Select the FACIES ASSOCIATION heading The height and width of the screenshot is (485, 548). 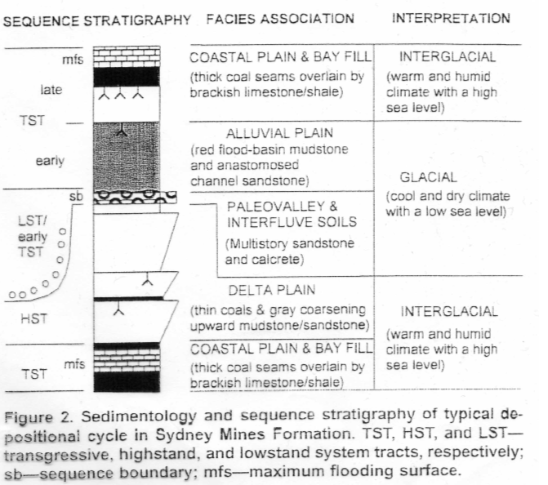(280, 18)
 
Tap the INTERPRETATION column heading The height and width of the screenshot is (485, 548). (451, 18)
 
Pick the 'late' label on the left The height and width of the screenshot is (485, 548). (51, 90)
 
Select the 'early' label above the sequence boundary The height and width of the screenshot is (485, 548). (50, 161)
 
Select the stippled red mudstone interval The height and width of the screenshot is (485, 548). (126, 155)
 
